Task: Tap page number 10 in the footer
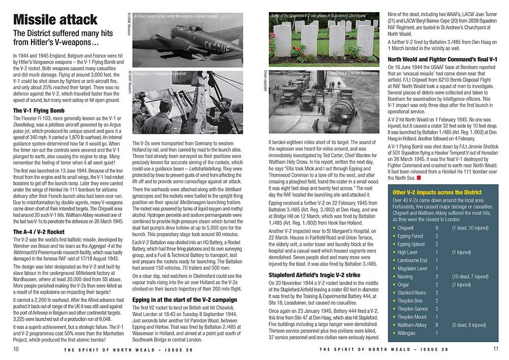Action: click(x=16, y=349)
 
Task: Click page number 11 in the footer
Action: click(x=496, y=349)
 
